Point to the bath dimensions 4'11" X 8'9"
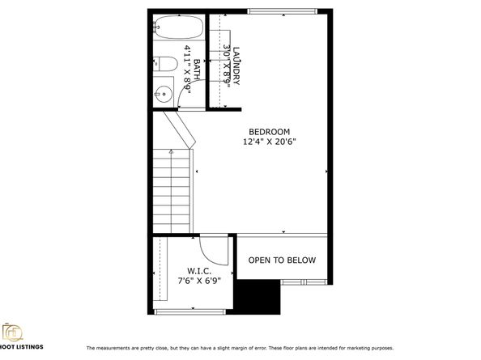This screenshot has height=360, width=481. pyautogui.click(x=186, y=74)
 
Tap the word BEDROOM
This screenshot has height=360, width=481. pyautogui.click(x=269, y=132)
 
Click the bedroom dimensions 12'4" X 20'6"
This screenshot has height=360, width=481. pyautogui.click(x=269, y=142)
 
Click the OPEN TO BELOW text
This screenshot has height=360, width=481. pyautogui.click(x=282, y=260)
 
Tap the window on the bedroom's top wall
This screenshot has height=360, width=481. pyautogui.click(x=281, y=11)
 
